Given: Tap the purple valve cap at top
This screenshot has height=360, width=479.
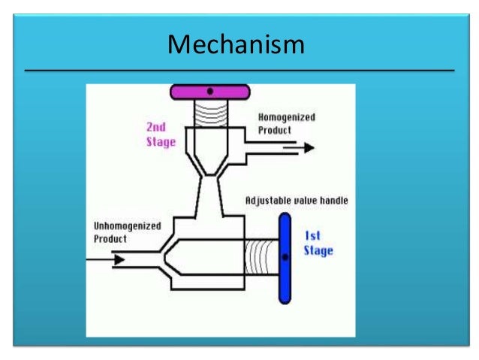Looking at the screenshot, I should click(210, 92).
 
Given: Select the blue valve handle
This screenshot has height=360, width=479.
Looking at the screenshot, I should click(285, 257).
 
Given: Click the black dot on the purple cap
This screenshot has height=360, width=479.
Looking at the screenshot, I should click(210, 91).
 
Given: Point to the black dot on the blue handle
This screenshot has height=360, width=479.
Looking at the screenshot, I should click(285, 257).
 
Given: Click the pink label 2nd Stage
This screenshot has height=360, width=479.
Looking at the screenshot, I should click(161, 135).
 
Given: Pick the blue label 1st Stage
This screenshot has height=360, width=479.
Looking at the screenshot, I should click(318, 243).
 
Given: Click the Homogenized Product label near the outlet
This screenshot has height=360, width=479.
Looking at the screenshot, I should click(286, 123).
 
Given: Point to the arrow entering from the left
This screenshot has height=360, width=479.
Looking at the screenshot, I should click(106, 259).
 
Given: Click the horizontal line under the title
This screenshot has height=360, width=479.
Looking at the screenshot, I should click(239, 70).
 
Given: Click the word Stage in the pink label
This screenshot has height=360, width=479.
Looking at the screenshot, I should click(161, 141).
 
